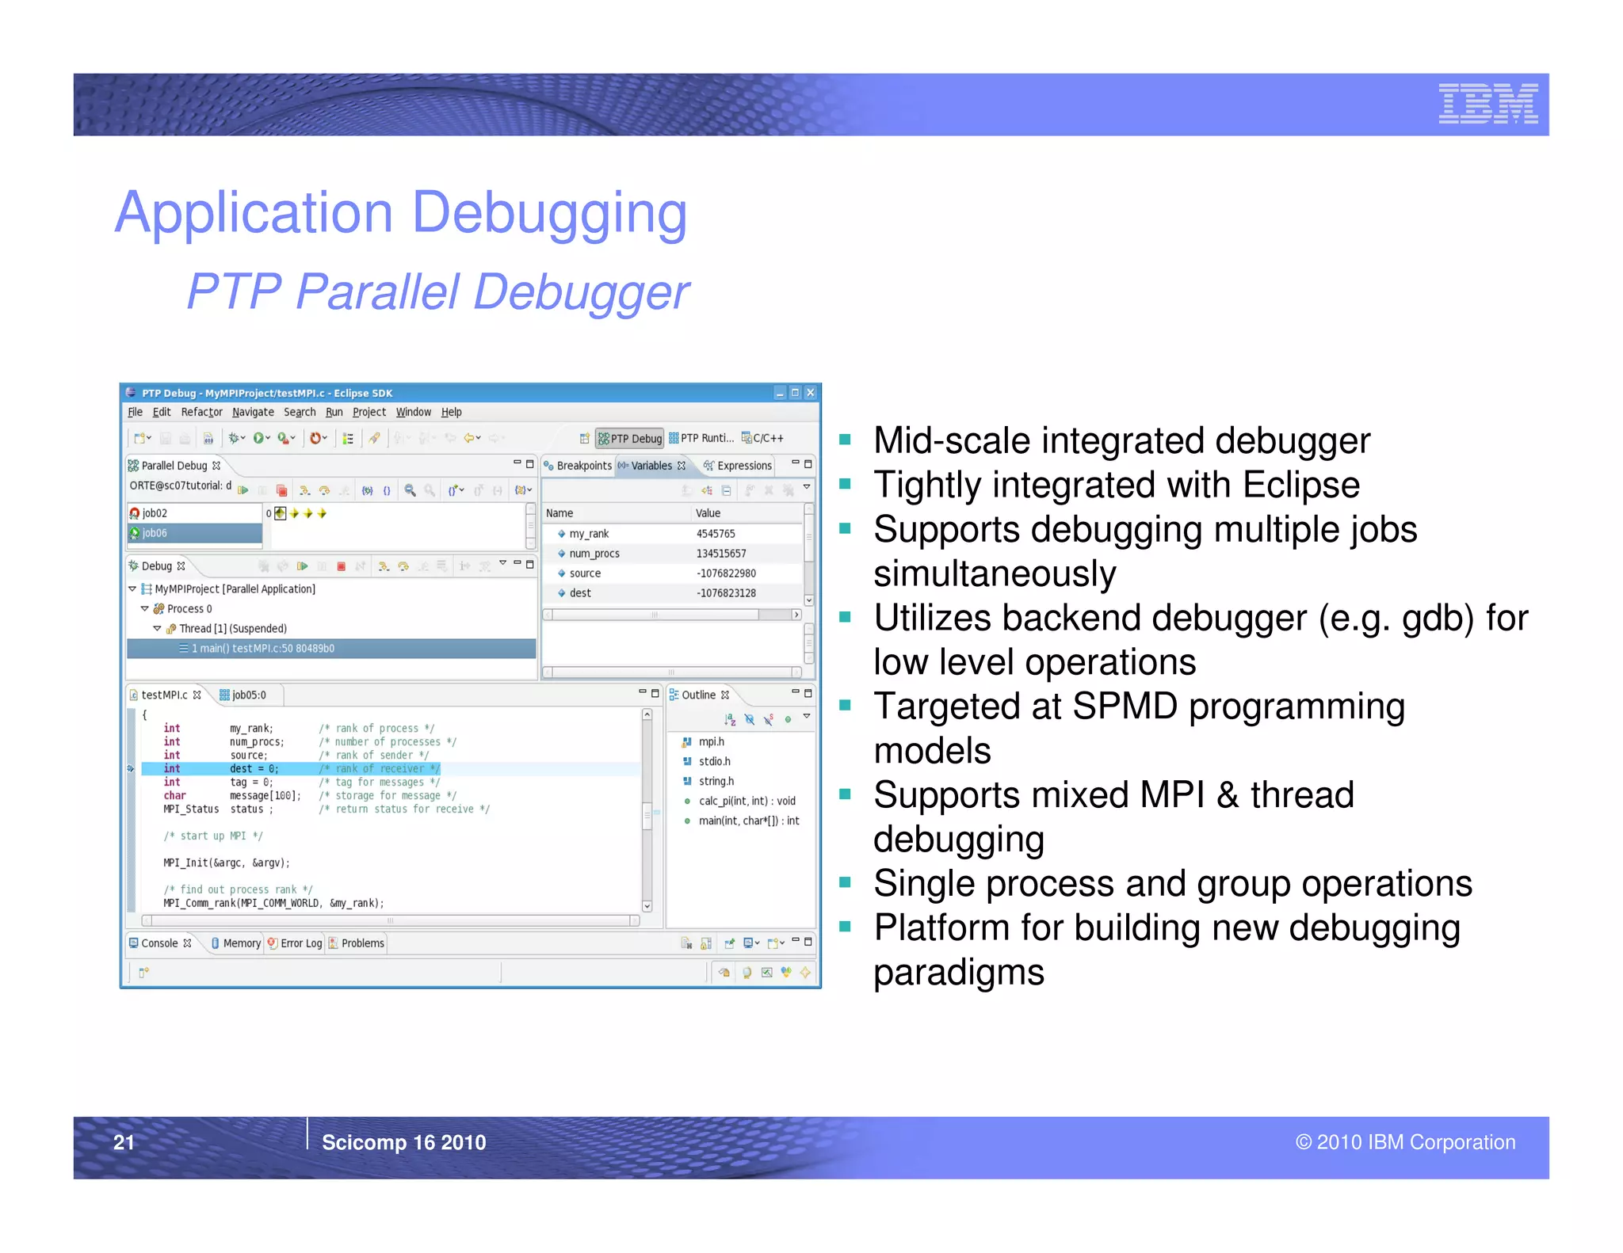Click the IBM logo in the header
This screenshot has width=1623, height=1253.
pos(1487,104)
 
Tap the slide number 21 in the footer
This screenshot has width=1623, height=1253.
pos(124,1141)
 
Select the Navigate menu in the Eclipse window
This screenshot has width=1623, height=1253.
pos(253,412)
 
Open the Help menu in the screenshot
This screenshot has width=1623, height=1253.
pos(451,412)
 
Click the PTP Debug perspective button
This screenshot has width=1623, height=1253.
pos(630,438)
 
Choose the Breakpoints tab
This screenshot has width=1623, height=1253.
pos(583,466)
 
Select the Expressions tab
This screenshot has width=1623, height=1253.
pos(743,466)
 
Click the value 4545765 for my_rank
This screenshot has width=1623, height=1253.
pos(716,534)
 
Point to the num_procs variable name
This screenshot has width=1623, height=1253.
pos(594,554)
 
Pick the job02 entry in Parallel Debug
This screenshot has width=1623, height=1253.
pos(155,513)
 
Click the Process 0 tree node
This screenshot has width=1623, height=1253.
pos(189,609)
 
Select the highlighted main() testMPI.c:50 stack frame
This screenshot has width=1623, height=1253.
pos(262,649)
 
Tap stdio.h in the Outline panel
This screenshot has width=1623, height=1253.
pos(714,761)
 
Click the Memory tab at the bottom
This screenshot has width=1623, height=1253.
pos(241,943)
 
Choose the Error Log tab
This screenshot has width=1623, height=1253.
pos(300,943)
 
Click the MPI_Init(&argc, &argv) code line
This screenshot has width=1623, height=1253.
pos(227,863)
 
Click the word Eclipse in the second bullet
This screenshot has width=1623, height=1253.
pos(1300,485)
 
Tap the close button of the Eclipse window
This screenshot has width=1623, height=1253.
pos(810,393)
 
